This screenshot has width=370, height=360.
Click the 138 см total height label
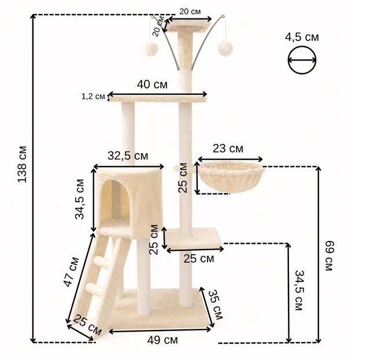(x=23, y=164)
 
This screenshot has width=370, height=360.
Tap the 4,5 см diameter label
(x=302, y=38)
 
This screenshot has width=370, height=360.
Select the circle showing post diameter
(x=302, y=60)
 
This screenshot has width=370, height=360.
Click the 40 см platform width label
(x=152, y=84)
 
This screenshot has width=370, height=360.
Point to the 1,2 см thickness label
(x=93, y=97)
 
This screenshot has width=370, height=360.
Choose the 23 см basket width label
(x=228, y=149)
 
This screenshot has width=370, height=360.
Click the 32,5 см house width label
(x=128, y=155)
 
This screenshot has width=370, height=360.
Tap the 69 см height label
(x=329, y=255)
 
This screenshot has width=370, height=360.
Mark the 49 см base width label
(x=162, y=340)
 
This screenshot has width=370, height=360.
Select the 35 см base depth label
(x=216, y=305)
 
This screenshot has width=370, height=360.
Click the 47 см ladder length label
(x=72, y=272)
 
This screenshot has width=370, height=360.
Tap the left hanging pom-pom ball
(x=151, y=49)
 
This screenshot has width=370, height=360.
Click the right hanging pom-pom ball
(x=225, y=49)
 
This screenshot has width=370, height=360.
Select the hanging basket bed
(x=231, y=177)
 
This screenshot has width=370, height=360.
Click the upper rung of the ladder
(x=102, y=262)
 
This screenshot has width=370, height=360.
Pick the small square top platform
(x=190, y=25)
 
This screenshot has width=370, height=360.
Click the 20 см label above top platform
(x=190, y=12)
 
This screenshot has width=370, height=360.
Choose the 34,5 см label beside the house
(x=80, y=199)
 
